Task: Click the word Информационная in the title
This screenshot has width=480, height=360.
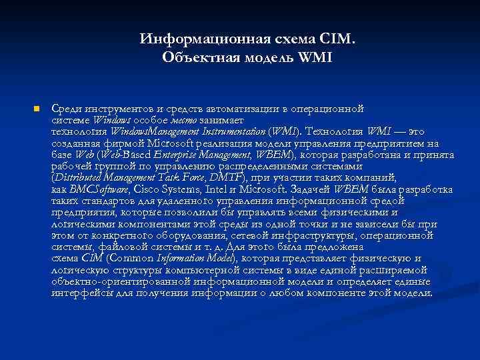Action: tap(191, 39)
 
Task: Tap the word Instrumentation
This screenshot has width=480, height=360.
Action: tap(227, 131)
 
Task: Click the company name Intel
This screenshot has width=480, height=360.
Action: tap(218, 189)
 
